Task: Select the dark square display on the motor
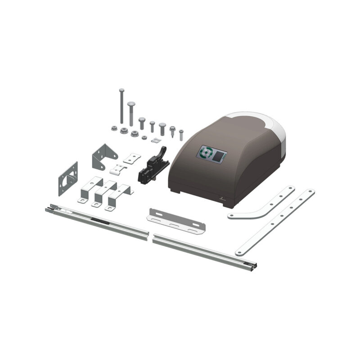click(x=220, y=157)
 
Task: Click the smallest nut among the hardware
click(x=144, y=137)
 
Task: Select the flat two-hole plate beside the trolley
click(x=132, y=158)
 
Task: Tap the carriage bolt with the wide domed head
click(x=131, y=113)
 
